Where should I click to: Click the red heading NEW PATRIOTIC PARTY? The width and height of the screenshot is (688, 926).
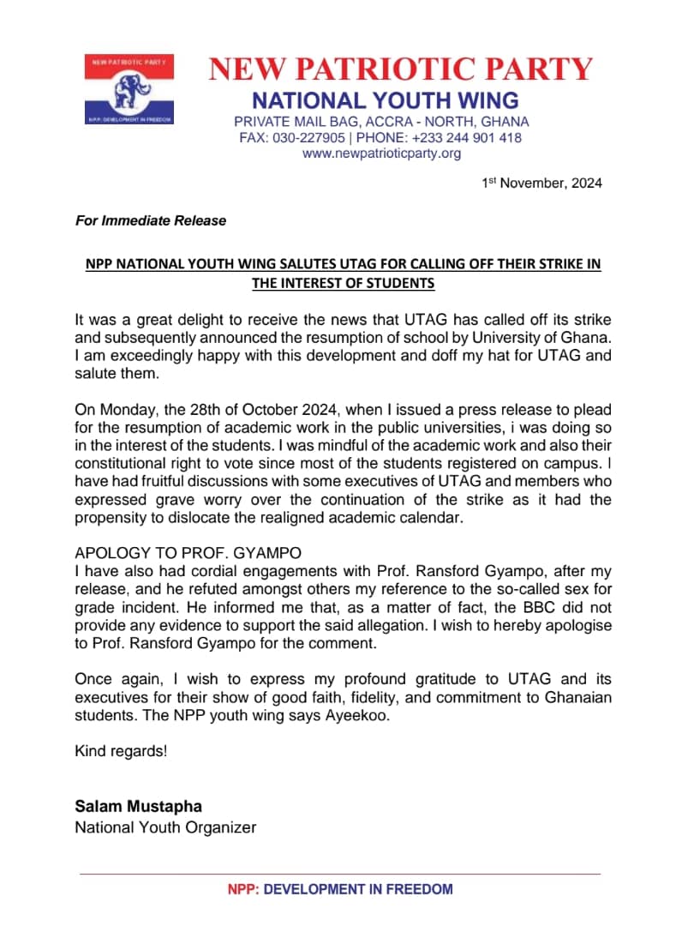pyautogui.click(x=401, y=69)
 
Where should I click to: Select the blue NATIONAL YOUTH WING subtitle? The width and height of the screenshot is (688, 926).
pyautogui.click(x=385, y=99)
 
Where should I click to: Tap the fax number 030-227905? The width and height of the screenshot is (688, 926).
pyautogui.click(x=309, y=138)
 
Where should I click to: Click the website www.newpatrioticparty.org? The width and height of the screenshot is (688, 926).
pyautogui.click(x=381, y=153)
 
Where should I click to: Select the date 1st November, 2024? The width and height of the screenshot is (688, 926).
pyautogui.click(x=541, y=183)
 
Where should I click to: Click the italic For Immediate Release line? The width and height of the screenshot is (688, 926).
pyautogui.click(x=151, y=220)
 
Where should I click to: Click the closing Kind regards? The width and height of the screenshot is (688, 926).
pyautogui.click(x=121, y=752)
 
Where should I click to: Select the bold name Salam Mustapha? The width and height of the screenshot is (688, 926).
pyautogui.click(x=139, y=807)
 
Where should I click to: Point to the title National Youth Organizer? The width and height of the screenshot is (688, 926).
pyautogui.click(x=165, y=827)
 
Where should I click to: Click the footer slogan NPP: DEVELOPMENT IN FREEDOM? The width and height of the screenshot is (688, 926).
pyautogui.click(x=340, y=890)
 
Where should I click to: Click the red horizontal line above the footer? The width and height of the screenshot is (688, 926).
pyautogui.click(x=340, y=874)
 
